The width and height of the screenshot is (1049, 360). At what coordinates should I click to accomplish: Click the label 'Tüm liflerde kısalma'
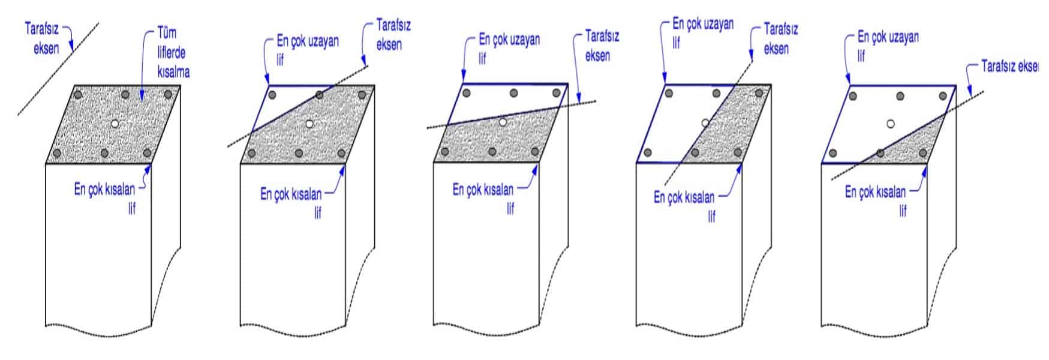tap(173, 52)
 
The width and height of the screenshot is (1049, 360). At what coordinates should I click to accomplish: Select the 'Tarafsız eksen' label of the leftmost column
tap(42, 37)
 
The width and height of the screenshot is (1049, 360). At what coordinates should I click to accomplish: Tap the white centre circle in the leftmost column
tap(115, 124)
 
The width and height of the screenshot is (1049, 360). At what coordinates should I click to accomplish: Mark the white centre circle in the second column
tap(309, 124)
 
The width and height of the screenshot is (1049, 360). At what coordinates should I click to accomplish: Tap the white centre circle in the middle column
tap(503, 122)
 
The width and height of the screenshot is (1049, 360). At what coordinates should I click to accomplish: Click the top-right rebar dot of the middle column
tap(556, 93)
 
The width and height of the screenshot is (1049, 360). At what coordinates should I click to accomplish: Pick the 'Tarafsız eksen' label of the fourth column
tap(780, 38)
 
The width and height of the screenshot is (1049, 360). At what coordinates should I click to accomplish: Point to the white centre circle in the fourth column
tap(705, 123)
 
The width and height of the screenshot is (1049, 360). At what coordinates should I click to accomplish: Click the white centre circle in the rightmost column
tap(891, 124)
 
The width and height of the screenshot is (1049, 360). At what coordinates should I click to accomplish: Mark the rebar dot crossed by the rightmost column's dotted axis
tap(880, 153)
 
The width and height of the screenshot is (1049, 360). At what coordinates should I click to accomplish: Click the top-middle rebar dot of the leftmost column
tap(125, 94)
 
